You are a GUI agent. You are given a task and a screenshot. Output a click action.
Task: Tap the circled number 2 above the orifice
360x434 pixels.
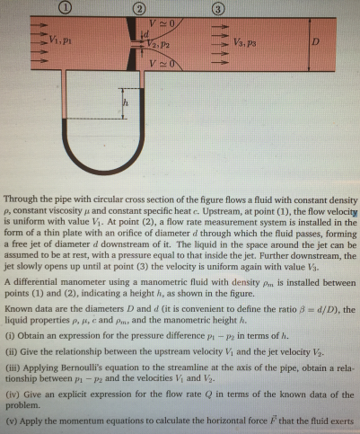point(140,7)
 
